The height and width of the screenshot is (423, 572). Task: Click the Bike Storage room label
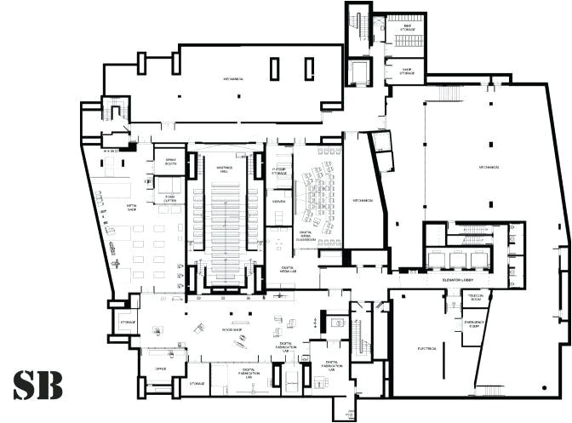408,28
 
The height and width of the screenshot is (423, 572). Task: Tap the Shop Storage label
408,71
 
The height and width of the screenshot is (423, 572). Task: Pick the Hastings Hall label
225,167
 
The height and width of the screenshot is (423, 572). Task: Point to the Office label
158,369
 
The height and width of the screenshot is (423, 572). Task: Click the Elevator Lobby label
462,280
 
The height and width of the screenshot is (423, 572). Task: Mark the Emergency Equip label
475,324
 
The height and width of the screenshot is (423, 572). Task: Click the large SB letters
37,385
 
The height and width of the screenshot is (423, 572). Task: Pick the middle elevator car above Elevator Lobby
457,260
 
